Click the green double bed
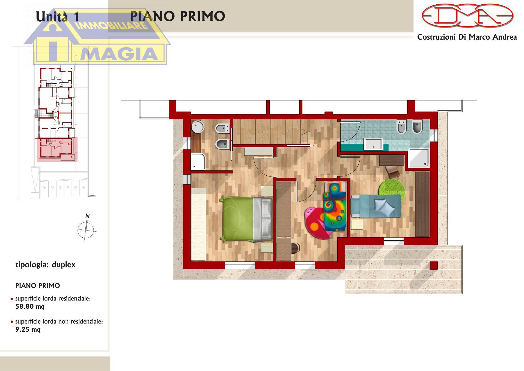(x=247, y=219)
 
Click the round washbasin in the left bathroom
(x=198, y=127)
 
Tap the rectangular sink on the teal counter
(x=373, y=144)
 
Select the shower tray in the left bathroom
(x=198, y=161)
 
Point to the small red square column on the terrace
(x=434, y=265)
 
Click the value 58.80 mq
(x=30, y=307)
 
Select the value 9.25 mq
(x=28, y=329)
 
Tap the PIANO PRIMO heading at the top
(x=178, y=16)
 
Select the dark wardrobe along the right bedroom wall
(x=422, y=204)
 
